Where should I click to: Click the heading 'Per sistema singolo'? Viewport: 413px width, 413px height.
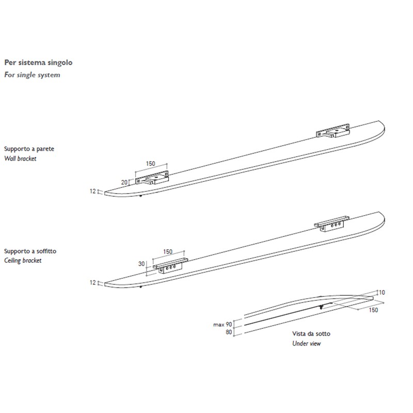pos(38,62)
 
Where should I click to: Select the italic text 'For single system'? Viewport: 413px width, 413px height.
pos(32,75)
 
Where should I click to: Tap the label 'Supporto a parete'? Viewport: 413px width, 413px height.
pos(29,149)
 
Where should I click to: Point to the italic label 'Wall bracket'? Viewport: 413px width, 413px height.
pos(20,158)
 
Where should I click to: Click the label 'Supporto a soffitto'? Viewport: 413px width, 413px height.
pos(30,251)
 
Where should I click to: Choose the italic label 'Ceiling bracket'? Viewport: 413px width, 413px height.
pos(23,261)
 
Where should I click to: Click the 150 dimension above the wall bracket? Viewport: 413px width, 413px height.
pos(151,164)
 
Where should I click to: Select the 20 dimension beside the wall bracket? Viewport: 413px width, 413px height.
pos(124,182)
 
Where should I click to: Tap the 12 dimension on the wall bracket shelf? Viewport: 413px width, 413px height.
pos(93,191)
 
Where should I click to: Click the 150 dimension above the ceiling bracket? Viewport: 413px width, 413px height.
pos(168,251)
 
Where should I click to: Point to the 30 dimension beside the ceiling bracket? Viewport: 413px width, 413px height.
pos(141,264)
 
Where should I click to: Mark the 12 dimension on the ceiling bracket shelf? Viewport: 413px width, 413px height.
pos(93,282)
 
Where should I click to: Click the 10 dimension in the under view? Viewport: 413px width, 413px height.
pos(382,292)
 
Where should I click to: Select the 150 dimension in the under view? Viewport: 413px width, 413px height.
pos(373,310)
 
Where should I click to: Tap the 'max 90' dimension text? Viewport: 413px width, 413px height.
pos(223,325)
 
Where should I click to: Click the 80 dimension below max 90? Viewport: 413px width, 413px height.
pos(229,332)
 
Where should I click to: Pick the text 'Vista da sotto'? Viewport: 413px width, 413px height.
pos(311,333)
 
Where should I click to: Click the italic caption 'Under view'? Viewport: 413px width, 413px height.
pos(306,343)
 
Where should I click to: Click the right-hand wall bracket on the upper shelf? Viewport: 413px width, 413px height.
pos(333,131)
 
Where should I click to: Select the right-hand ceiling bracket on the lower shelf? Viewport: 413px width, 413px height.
pos(331,224)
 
